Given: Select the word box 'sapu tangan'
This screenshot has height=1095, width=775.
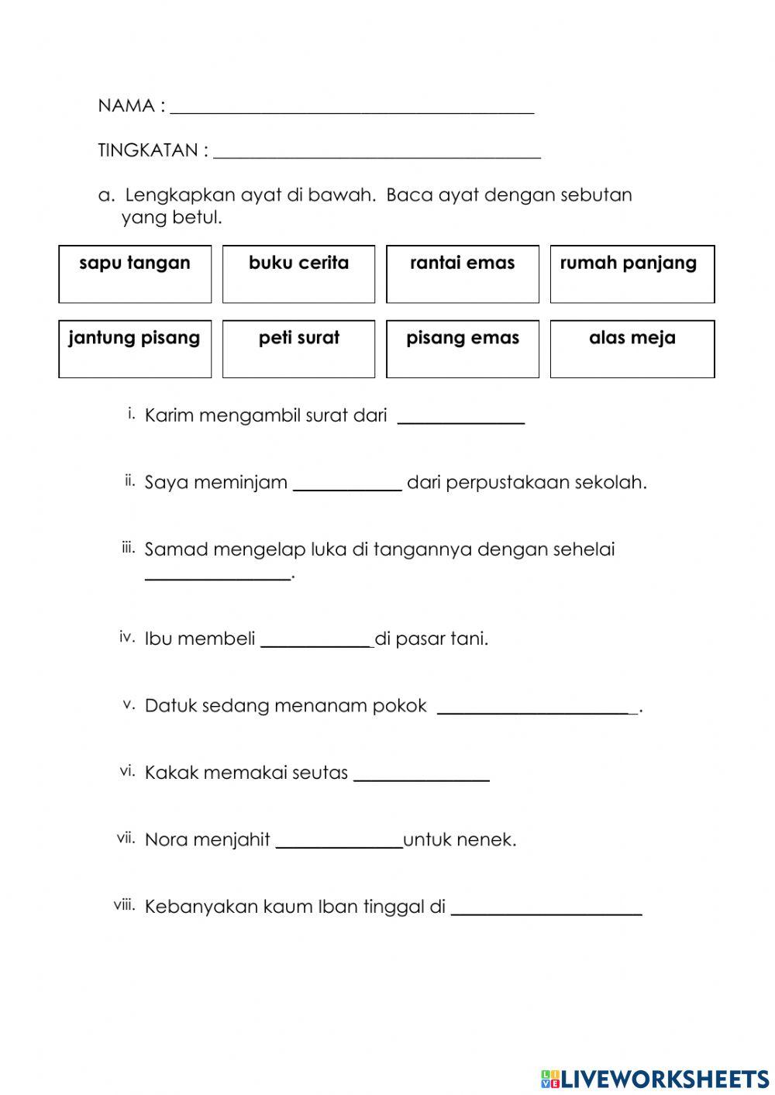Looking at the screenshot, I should pyautogui.click(x=135, y=274).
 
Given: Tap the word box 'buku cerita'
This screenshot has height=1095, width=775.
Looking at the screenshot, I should pyautogui.click(x=298, y=274).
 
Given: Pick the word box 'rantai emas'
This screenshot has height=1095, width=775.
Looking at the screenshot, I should pyautogui.click(x=463, y=274).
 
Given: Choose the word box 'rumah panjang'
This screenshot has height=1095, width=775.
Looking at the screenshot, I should pyautogui.click(x=632, y=274).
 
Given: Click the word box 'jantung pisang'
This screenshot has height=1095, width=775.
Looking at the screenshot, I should pyautogui.click(x=135, y=349).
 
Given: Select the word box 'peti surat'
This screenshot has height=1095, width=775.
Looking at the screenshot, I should pyautogui.click(x=298, y=349).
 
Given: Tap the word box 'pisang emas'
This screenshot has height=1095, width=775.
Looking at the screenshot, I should pyautogui.click(x=463, y=349).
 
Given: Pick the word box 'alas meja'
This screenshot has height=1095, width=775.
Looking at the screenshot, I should pyautogui.click(x=632, y=349).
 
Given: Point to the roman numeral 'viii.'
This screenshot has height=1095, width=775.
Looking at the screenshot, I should pyautogui.click(x=124, y=905).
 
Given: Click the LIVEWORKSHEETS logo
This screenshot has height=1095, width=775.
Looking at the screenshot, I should pyautogui.click(x=655, y=1078).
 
